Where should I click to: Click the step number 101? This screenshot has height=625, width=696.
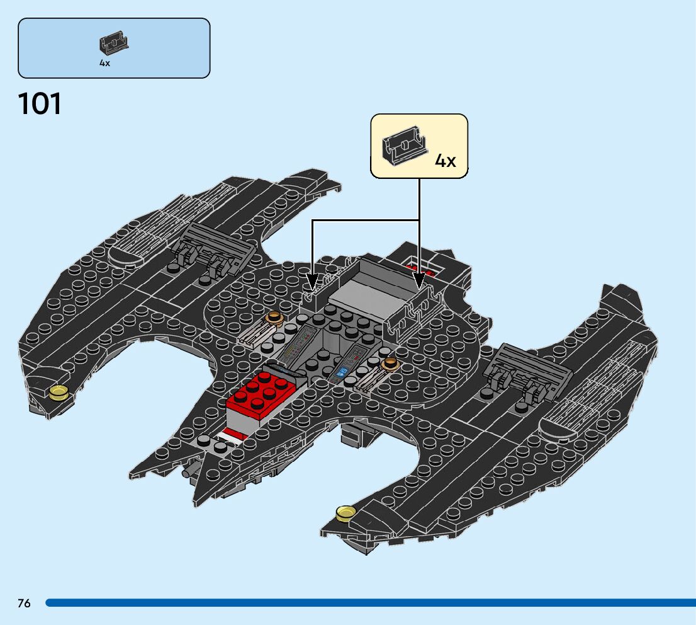click(40, 104)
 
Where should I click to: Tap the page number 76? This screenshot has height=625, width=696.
click(24, 603)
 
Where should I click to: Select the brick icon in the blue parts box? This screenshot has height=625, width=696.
click(113, 43)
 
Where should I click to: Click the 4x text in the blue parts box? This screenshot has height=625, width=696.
click(104, 63)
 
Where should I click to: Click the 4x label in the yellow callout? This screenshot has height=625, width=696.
click(445, 161)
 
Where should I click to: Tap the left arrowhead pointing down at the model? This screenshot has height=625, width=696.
click(312, 282)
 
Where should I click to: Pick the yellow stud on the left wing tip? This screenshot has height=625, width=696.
click(59, 393)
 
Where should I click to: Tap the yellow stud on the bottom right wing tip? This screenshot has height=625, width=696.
click(345, 513)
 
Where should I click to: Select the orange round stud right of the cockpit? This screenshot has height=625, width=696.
click(390, 363)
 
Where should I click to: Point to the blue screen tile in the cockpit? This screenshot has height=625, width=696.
click(344, 372)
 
